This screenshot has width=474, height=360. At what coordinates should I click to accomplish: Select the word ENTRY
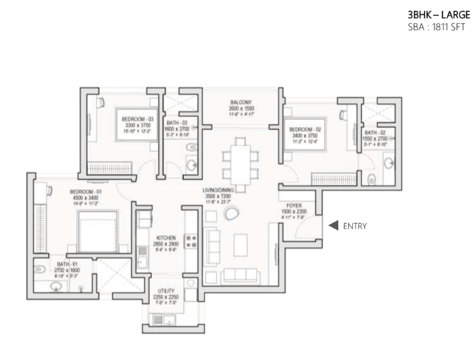point(354,226)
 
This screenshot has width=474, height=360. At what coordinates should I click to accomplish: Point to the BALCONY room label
point(240,102)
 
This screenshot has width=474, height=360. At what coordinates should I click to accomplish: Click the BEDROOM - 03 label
point(137,119)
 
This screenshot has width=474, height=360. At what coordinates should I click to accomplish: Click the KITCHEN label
point(166,238)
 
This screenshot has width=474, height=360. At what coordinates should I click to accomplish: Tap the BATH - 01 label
point(68,264)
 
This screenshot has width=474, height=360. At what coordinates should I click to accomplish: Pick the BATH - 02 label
point(375,134)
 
